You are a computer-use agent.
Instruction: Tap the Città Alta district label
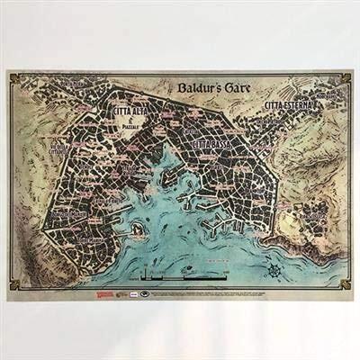[131, 111]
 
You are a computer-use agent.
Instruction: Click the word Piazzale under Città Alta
[133, 123]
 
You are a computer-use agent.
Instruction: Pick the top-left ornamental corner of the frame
[14, 76]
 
